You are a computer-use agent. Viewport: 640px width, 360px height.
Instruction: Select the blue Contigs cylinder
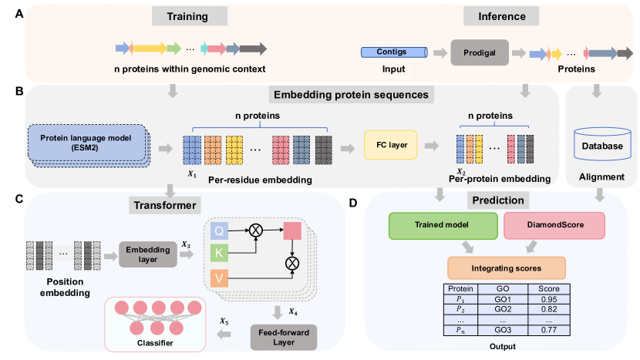coord(394,53)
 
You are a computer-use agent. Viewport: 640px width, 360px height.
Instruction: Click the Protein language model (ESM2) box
coord(86,142)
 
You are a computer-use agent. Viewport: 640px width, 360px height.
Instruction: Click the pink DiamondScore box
coord(544,225)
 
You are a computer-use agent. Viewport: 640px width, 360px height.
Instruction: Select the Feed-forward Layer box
coord(284,336)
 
